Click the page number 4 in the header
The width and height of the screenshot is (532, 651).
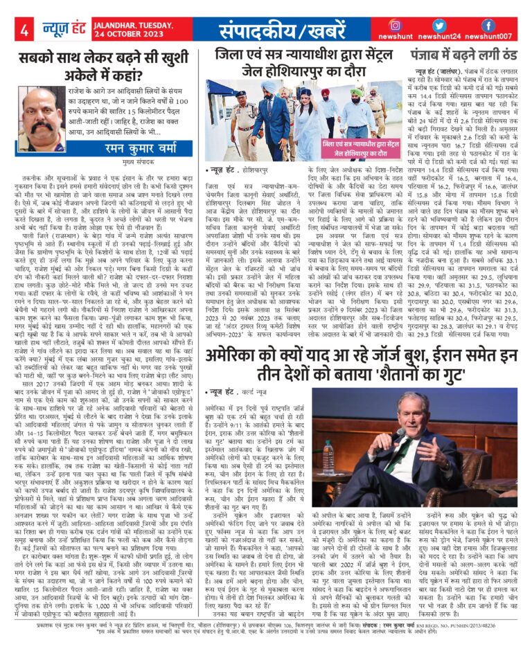(x=24, y=30)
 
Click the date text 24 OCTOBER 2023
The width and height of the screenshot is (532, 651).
(x=141, y=36)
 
